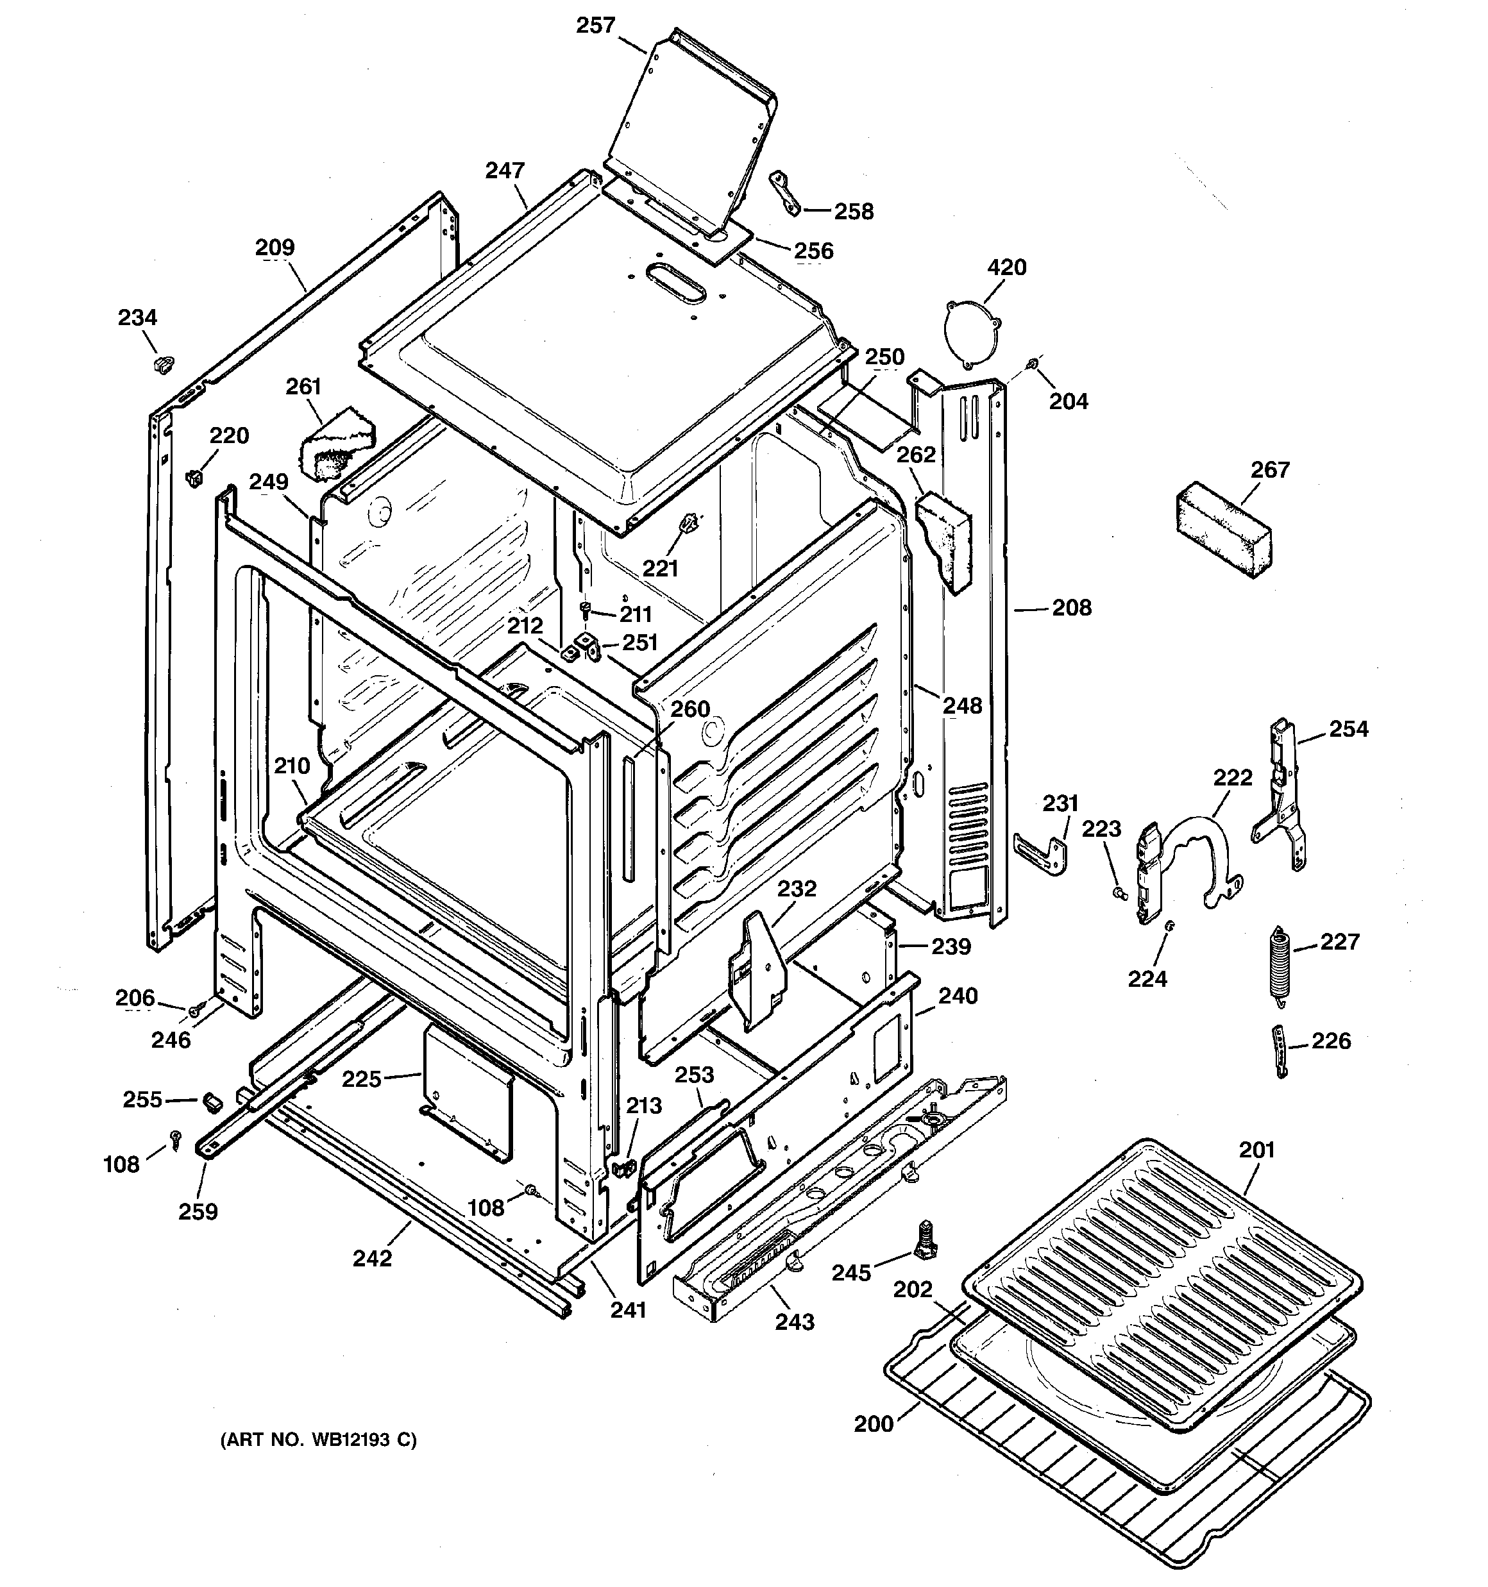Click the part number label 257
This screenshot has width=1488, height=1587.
click(595, 26)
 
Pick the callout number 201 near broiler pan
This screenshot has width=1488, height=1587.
click(1256, 1150)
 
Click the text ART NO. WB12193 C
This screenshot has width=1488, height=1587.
click(318, 1440)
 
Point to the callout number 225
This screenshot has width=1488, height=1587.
click(361, 1079)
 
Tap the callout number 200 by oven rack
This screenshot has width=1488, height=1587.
click(873, 1423)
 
